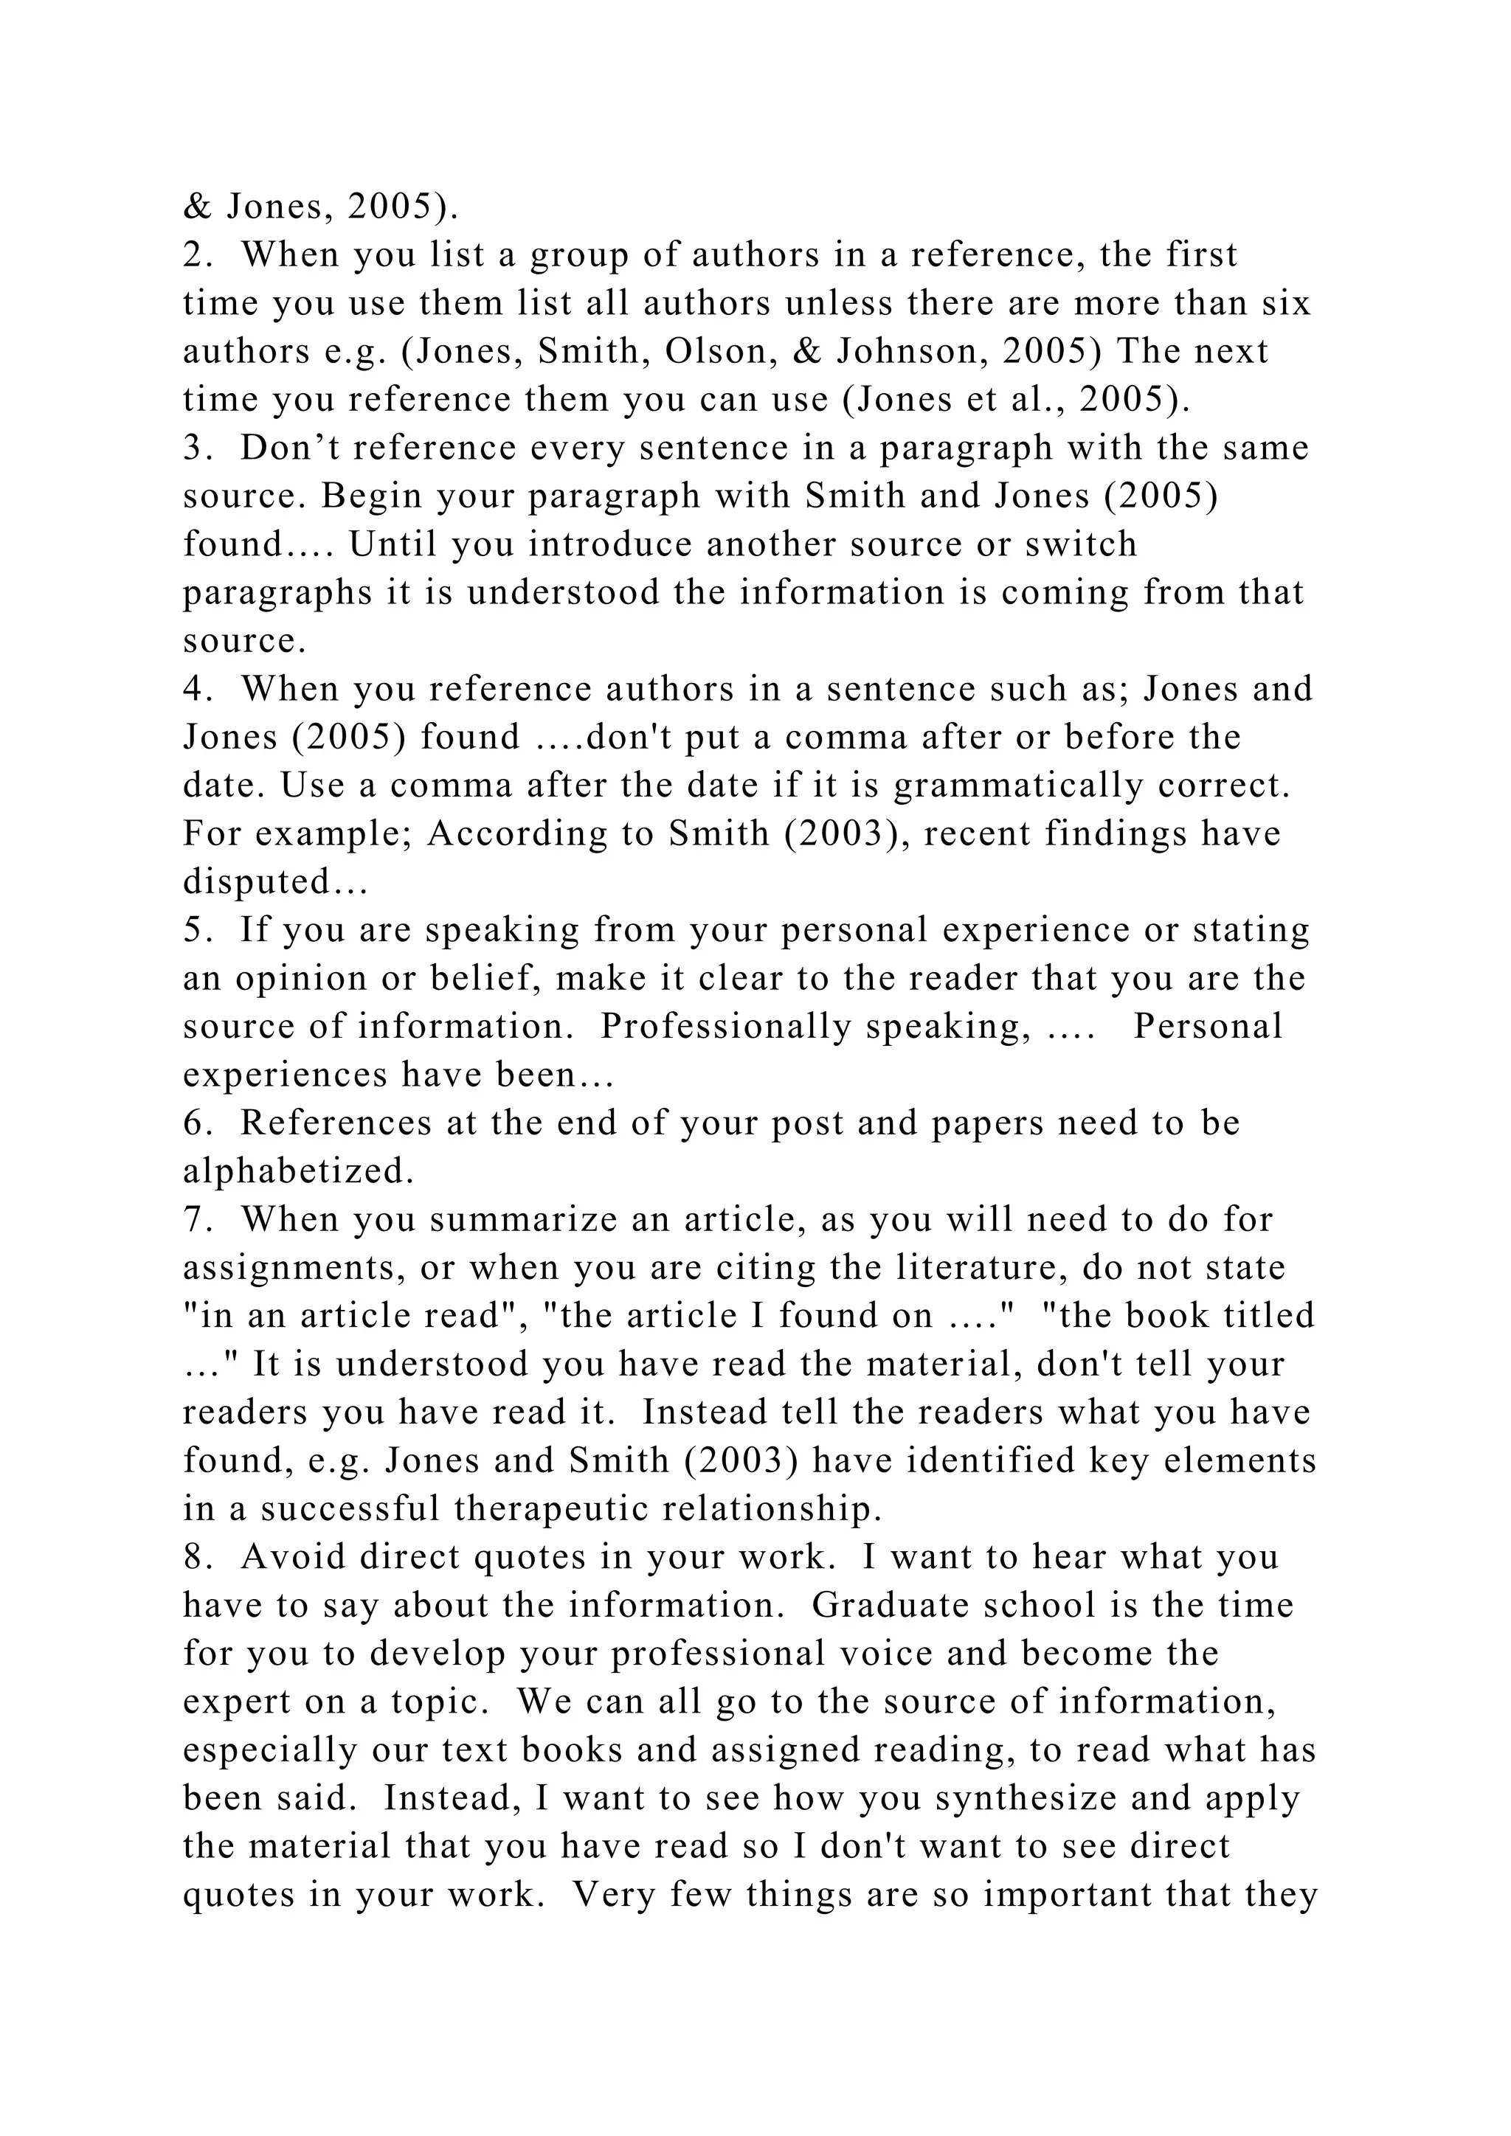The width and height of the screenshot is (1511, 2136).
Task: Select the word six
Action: tap(1286, 303)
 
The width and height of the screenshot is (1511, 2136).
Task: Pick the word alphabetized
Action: tap(297, 1172)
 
